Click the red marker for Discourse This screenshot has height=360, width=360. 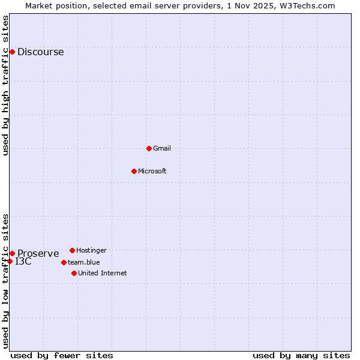(12, 52)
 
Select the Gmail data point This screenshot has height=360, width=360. (149, 148)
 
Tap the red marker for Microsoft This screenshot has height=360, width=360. (134, 171)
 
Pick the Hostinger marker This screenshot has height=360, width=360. (72, 250)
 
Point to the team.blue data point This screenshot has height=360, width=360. (64, 262)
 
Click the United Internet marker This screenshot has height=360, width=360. (74, 273)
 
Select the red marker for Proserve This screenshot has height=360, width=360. (12, 253)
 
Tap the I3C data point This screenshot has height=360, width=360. (10, 261)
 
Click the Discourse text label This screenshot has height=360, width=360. (40, 52)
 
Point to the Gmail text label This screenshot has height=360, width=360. (162, 148)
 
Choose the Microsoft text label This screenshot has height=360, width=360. (152, 171)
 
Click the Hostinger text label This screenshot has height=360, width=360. (91, 250)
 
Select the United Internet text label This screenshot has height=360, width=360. (102, 273)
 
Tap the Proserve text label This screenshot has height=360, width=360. (38, 253)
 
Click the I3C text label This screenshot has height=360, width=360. (23, 262)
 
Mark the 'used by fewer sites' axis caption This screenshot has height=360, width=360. (62, 355)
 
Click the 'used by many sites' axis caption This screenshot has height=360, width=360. (301, 355)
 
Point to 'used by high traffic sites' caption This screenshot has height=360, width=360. (6, 85)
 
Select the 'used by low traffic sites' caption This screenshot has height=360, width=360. (6, 281)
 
